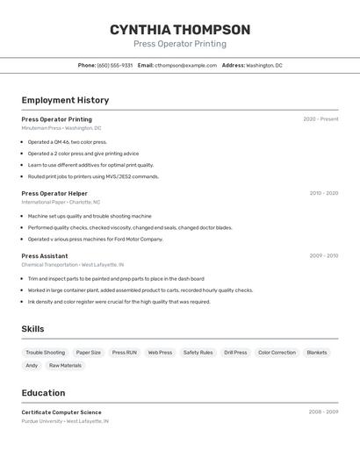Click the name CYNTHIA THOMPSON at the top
point(180,30)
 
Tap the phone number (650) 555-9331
point(115,65)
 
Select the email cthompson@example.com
point(186,65)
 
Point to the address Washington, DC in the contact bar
point(263,65)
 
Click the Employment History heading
point(65,101)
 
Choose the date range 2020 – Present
point(320,119)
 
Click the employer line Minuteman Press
point(41,128)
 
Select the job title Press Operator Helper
point(54,193)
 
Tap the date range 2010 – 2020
point(323,193)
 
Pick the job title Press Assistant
point(45,256)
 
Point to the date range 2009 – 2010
point(323,256)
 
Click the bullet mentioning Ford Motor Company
point(95,239)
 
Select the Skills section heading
point(32,329)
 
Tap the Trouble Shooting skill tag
point(45,353)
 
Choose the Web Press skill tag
point(160,353)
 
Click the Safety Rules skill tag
point(198,353)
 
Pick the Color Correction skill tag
point(277,353)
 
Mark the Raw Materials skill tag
point(65,366)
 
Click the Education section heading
point(43,393)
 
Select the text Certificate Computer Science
point(61,412)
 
